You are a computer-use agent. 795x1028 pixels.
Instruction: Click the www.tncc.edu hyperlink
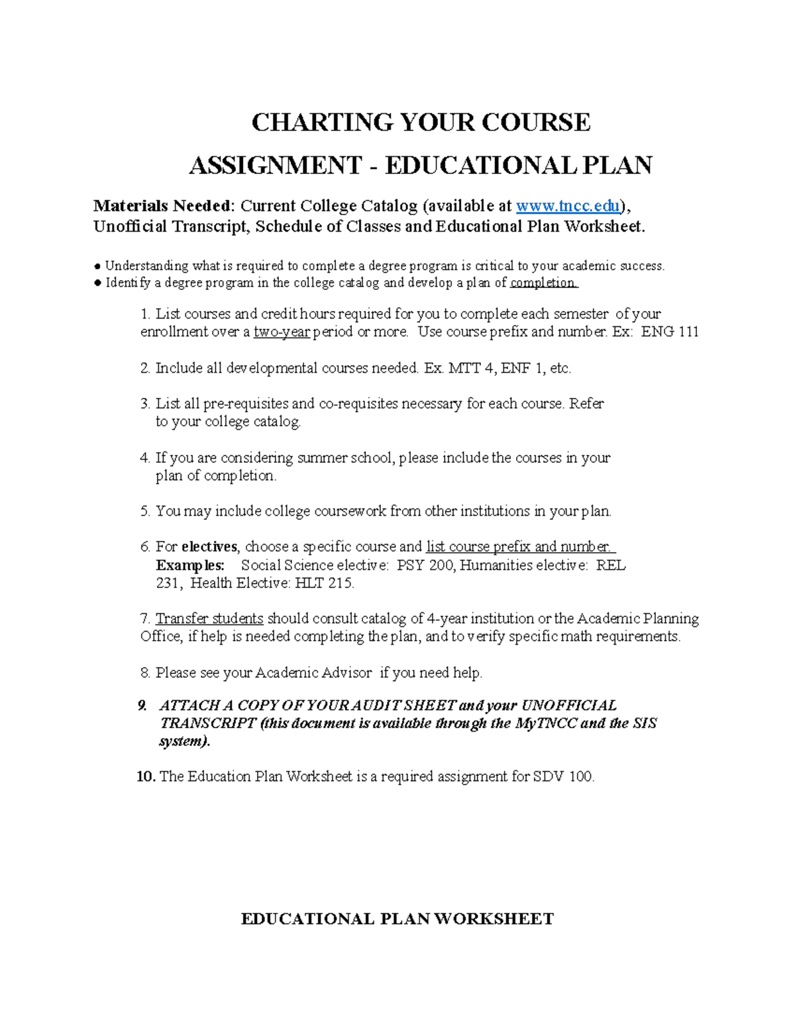[568, 206]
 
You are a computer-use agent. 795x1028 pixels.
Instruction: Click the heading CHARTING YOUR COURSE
[421, 122]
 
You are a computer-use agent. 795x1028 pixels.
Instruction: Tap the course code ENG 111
[670, 332]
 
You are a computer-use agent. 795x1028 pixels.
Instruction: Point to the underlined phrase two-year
[282, 332]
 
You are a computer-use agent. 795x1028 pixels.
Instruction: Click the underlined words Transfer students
[209, 619]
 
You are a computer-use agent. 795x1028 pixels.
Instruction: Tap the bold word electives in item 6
[209, 547]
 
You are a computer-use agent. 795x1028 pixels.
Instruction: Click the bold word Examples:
[190, 565]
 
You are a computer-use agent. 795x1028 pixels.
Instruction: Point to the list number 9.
[142, 706]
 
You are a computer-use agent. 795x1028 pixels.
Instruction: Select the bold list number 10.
[146, 776]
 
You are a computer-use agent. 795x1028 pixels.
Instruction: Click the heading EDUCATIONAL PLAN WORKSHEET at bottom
[397, 919]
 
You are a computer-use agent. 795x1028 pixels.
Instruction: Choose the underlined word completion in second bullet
[543, 283]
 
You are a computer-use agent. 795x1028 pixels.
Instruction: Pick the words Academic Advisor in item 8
[313, 673]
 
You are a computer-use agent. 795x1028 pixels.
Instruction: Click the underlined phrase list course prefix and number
[519, 547]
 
